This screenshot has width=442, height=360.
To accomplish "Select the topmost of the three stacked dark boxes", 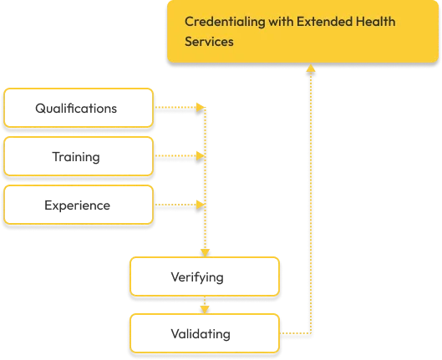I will pyautogui.click(x=79, y=108).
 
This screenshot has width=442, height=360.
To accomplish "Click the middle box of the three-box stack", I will pyautogui.click(x=79, y=156).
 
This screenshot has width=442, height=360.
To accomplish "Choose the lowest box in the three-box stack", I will pyautogui.click(x=79, y=205).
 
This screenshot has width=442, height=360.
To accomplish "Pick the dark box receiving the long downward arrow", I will pyautogui.click(x=204, y=276).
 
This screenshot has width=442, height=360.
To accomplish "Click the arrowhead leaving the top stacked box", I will pyautogui.click(x=200, y=107).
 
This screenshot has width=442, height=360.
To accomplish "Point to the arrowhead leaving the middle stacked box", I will pyautogui.click(x=200, y=155).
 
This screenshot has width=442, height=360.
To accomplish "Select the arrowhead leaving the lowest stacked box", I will pyautogui.click(x=200, y=204).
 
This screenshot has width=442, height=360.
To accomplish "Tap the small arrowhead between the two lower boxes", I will pyautogui.click(x=204, y=307).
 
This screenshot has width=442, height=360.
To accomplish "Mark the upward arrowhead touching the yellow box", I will pyautogui.click(x=311, y=68).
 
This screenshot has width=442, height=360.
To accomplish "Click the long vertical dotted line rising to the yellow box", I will pyautogui.click(x=311, y=200).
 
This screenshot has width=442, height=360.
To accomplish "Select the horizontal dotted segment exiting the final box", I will pyautogui.click(x=294, y=332).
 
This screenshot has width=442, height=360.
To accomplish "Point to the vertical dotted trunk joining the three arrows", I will pyautogui.click(x=204, y=180).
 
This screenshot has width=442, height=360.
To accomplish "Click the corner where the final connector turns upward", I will pyautogui.click(x=311, y=332).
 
